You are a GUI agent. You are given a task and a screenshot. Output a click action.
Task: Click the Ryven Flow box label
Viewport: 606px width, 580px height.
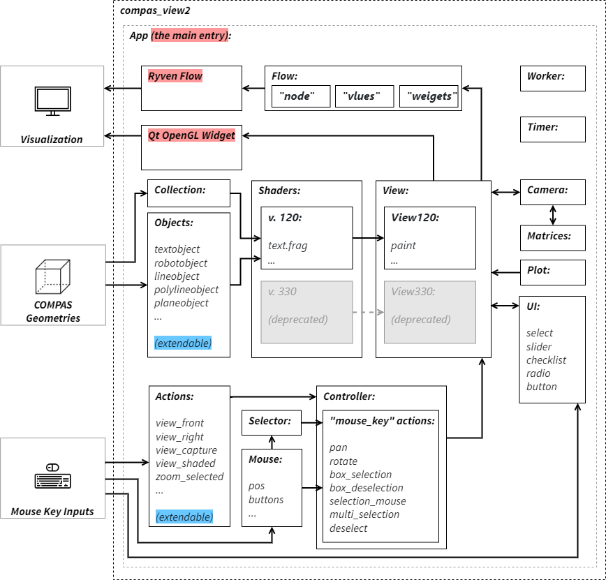(175, 75)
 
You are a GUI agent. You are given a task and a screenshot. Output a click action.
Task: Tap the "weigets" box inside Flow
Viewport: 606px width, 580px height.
(429, 96)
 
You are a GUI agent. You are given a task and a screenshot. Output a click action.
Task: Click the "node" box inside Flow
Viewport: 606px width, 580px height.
(300, 96)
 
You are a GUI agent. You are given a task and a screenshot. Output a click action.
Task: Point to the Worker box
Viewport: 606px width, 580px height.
(552, 79)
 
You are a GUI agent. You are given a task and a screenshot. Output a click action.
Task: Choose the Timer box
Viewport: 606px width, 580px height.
(552, 130)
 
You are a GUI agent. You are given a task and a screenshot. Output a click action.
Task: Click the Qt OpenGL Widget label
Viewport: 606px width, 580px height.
(191, 135)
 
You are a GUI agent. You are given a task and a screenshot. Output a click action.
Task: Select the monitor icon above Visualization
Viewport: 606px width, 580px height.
(52, 101)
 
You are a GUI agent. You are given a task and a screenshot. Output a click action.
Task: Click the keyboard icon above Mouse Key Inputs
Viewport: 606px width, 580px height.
(52, 477)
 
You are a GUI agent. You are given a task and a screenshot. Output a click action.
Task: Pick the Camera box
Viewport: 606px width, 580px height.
(552, 192)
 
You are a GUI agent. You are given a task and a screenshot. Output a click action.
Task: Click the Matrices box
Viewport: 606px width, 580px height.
(552, 237)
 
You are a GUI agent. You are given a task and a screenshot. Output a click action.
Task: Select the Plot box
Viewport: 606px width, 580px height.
(552, 272)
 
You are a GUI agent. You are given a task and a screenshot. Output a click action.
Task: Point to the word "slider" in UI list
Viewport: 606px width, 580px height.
(539, 347)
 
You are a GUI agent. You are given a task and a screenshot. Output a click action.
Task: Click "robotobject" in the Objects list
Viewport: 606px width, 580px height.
(181, 263)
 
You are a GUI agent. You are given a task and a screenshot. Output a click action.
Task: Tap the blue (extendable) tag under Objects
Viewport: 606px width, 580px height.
(183, 343)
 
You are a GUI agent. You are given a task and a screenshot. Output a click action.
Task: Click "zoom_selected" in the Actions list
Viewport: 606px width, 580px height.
(189, 477)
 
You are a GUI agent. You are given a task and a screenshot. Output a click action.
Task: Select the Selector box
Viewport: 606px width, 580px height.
(271, 422)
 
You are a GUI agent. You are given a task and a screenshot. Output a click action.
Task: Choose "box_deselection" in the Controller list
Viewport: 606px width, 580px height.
(367, 488)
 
